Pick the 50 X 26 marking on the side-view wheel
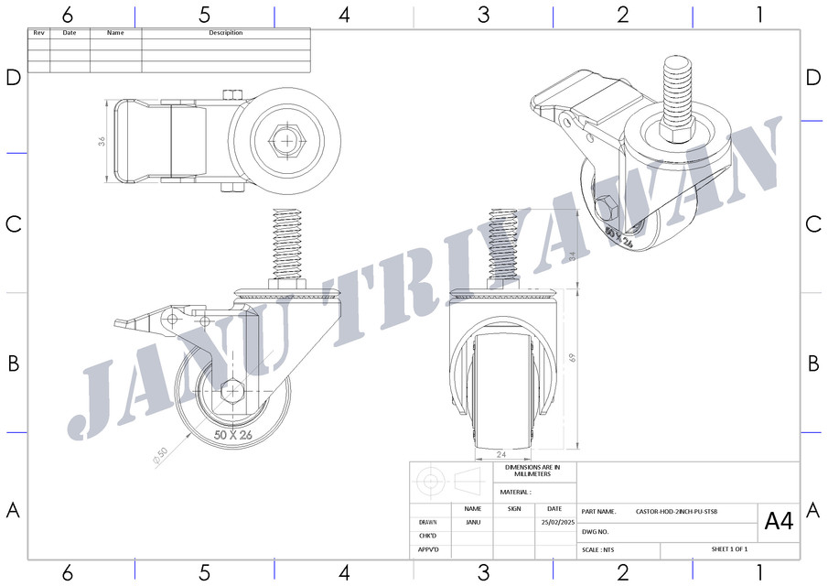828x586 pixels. (232, 435)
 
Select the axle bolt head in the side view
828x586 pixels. (232, 391)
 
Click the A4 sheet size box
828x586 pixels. (779, 522)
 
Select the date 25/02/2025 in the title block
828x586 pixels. (555, 523)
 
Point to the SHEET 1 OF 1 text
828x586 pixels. (729, 549)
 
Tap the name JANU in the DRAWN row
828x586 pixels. (472, 523)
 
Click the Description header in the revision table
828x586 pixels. (226, 33)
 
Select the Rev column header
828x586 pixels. (38, 33)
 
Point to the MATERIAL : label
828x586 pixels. (515, 492)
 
